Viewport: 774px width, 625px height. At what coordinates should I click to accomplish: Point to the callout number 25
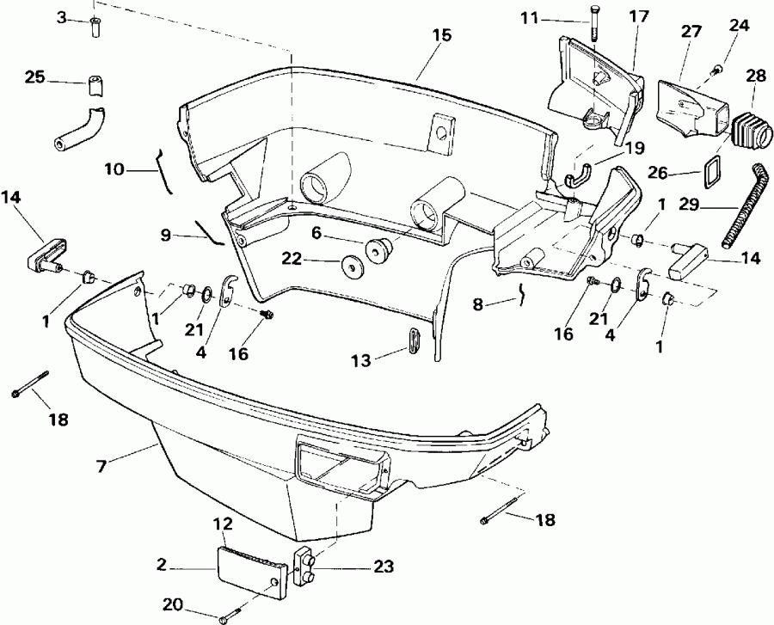coord(35,77)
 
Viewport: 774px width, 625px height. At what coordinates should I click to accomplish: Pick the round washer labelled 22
coord(353,266)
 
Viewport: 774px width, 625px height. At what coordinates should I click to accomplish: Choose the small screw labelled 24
coord(715,68)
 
